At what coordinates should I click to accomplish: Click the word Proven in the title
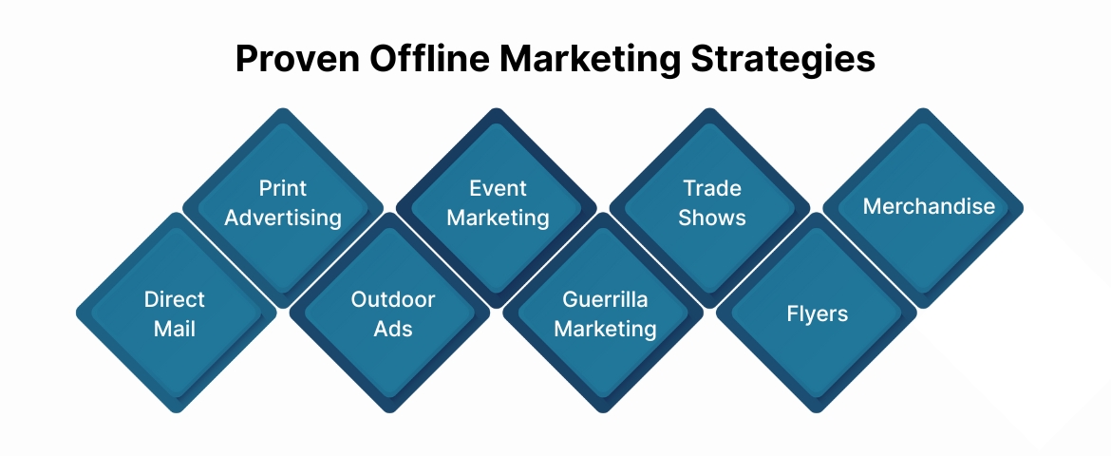pos(294,60)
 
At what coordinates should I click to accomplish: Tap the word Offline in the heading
pos(426,60)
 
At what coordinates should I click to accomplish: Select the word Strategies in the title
pos(782,60)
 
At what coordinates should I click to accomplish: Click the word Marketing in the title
pos(590,60)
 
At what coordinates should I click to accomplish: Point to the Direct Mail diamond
pos(176,313)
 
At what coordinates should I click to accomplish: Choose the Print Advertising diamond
pos(283,203)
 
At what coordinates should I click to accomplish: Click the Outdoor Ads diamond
pos(392,313)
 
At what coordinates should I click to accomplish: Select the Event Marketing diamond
pos(498,203)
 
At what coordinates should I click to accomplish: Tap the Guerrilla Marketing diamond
pos(605,313)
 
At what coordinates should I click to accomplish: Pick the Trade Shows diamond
pos(711,203)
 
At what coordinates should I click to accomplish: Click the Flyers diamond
pos(818,313)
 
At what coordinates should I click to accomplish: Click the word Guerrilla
pos(605,299)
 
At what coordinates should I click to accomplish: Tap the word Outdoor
pos(392,299)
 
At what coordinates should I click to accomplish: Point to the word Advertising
pos(283,218)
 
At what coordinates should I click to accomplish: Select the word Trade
pos(711,188)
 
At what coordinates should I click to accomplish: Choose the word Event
pos(498,188)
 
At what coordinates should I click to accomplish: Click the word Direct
pos(176,299)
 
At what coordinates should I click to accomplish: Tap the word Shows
pos(711,218)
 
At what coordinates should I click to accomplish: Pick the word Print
pos(283,188)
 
